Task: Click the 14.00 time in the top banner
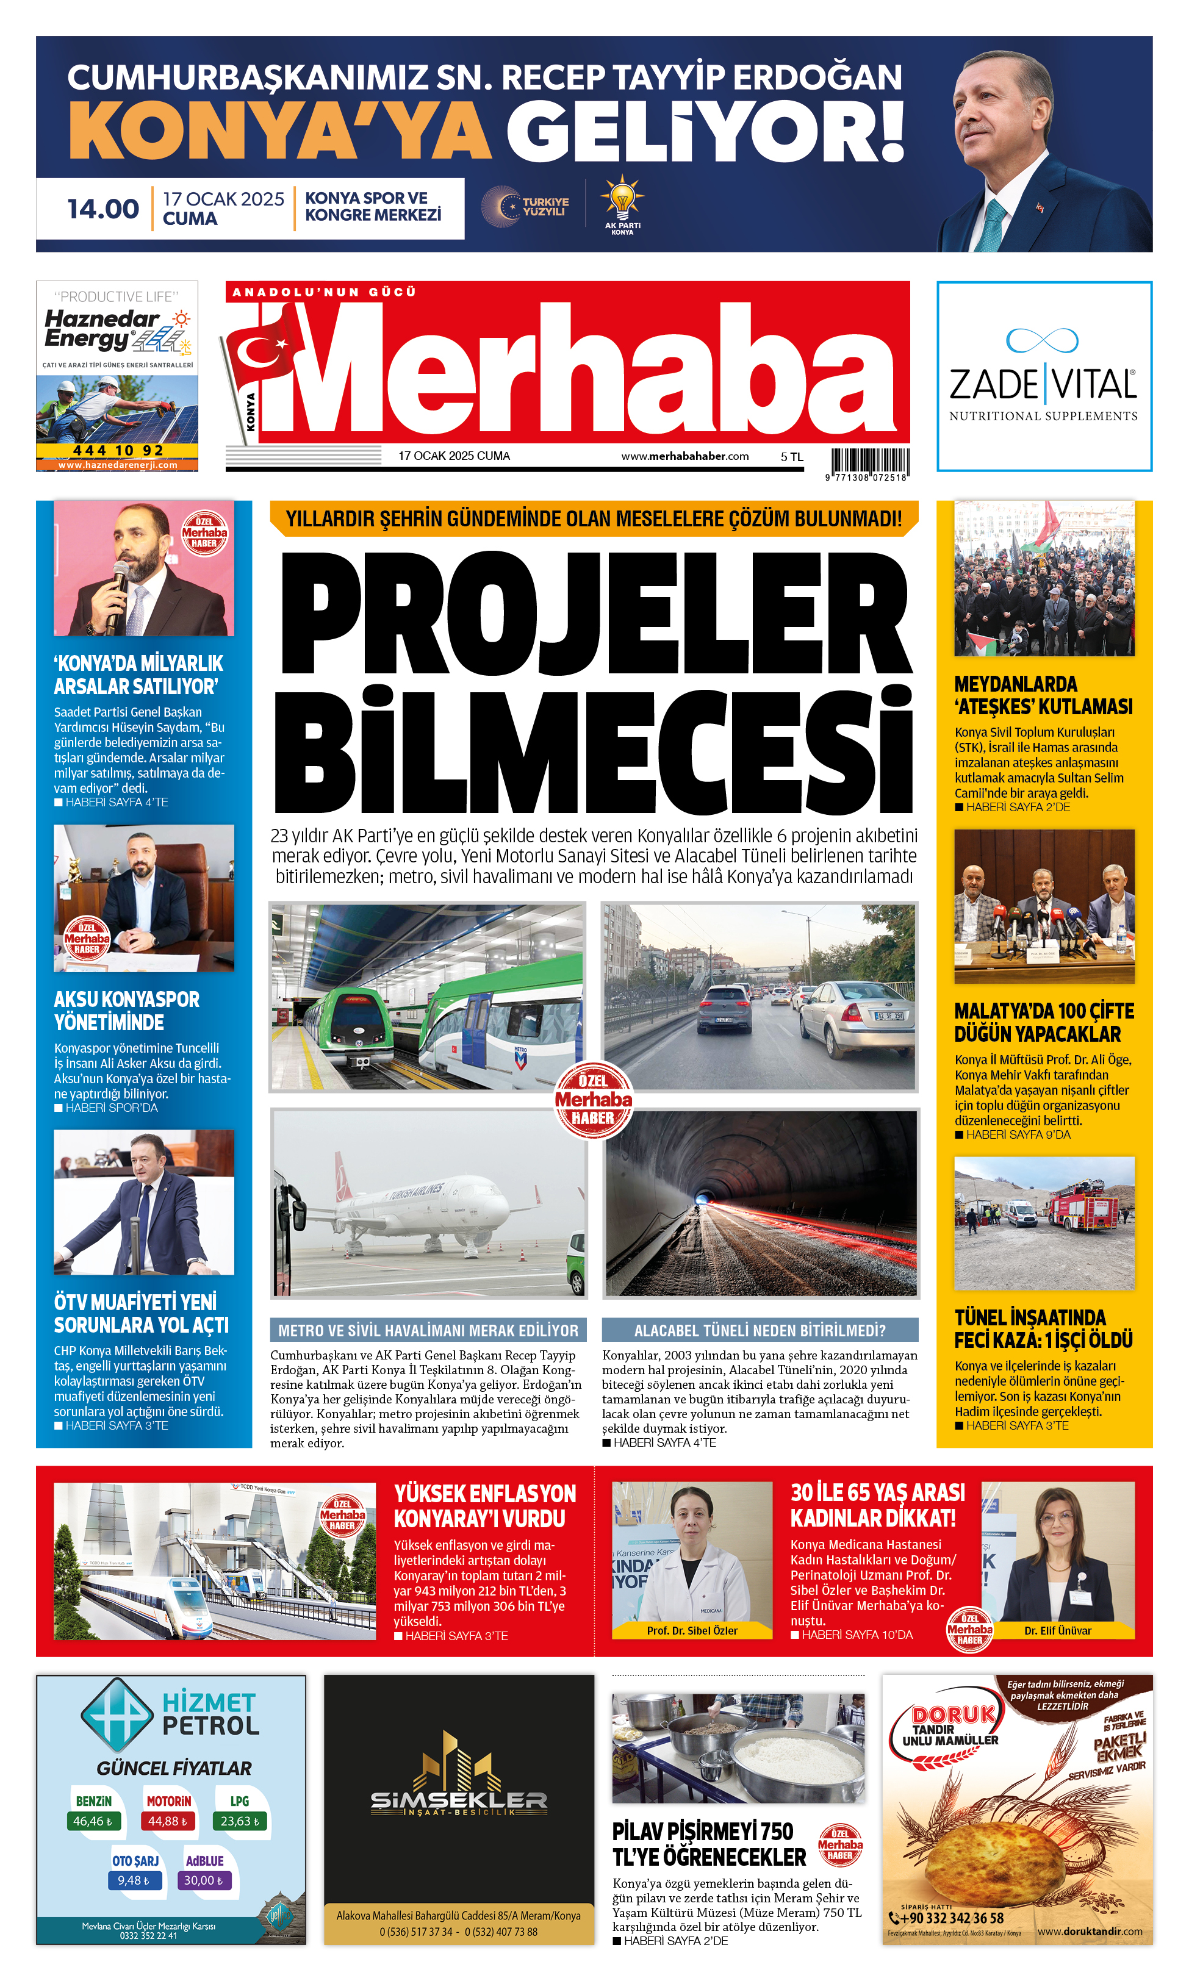click(102, 209)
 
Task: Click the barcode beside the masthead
click(869, 462)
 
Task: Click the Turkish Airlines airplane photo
click(429, 1203)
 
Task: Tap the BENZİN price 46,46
click(92, 1821)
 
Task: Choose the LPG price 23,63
click(240, 1821)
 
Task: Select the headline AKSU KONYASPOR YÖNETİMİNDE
click(127, 1011)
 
